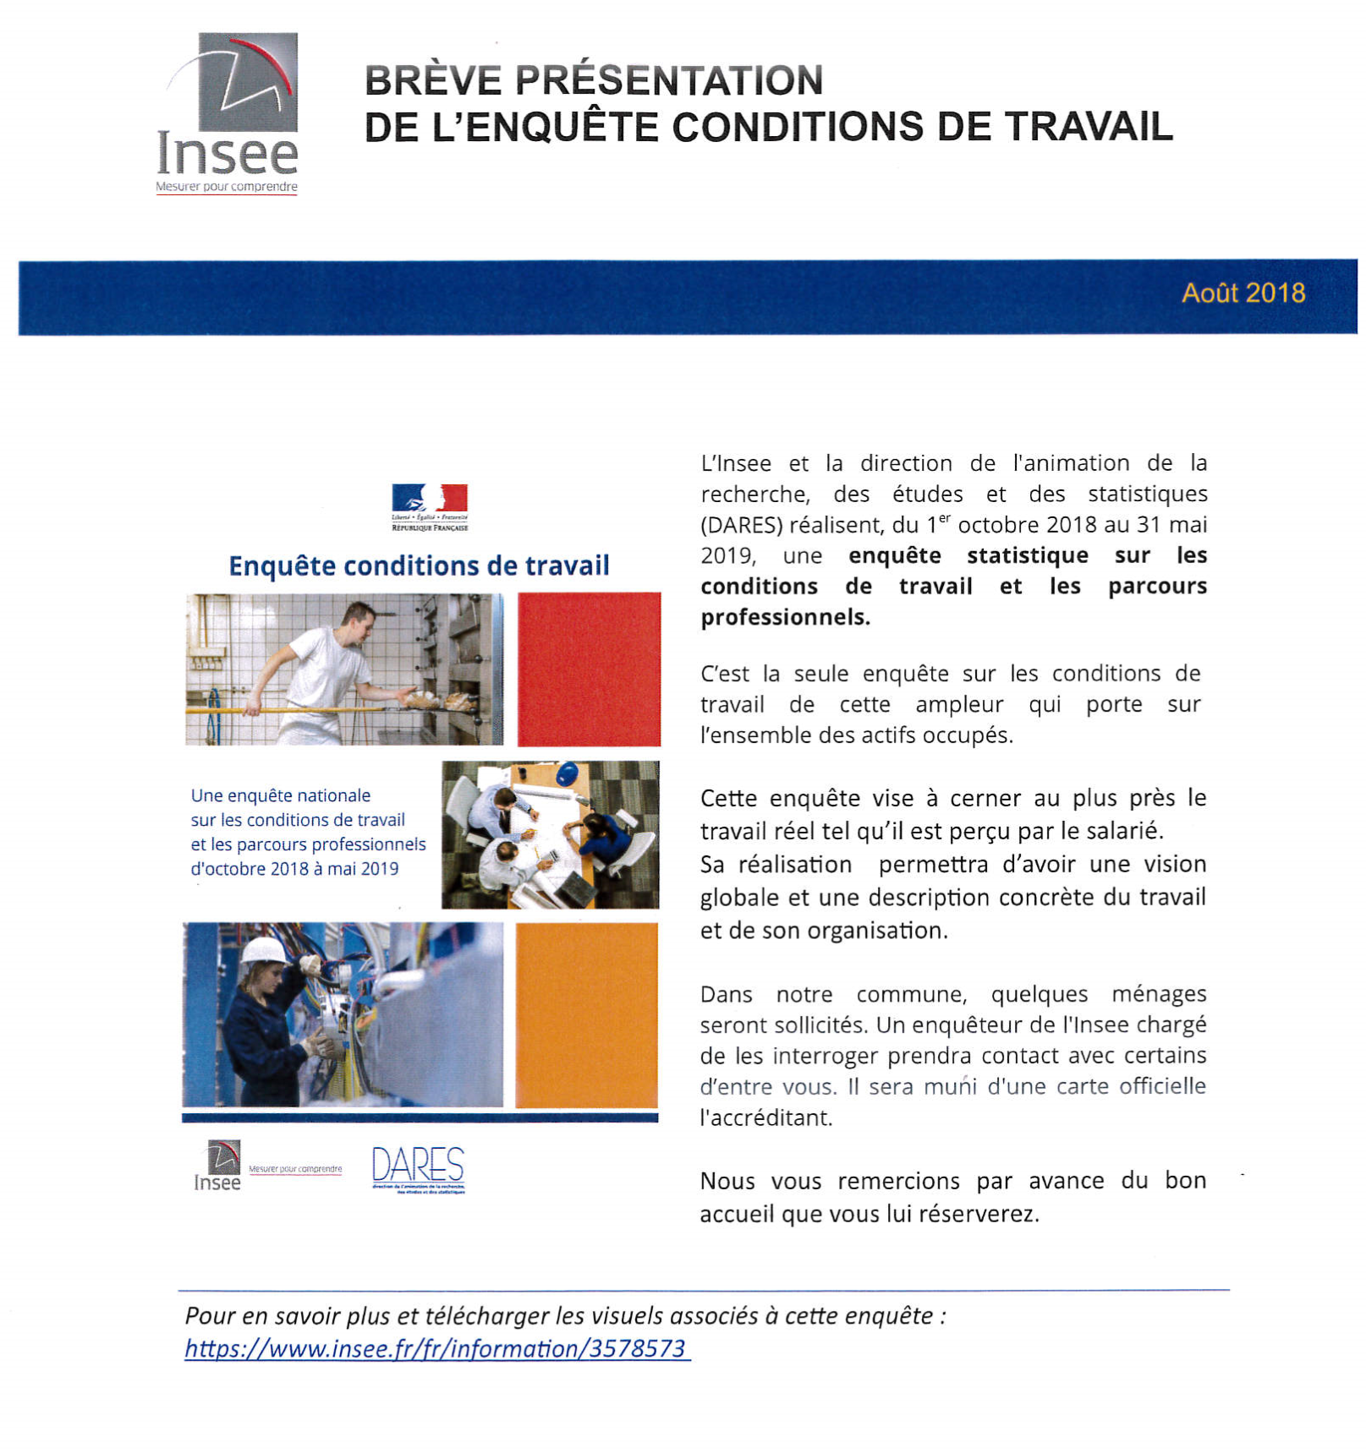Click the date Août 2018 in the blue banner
pos(1243,292)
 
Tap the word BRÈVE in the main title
pos(431,81)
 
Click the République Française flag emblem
pos(430,498)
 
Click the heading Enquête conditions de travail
pos(419,565)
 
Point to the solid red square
pos(589,669)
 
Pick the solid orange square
pos(586,1014)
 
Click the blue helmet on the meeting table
pos(568,772)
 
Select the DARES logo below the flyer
pos(418,1167)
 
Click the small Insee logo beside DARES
pos(219,1166)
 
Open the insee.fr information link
pos(436,1348)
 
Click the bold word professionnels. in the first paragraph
pos(785,617)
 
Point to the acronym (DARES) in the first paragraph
pos(741,525)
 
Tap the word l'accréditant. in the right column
pos(765,1117)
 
